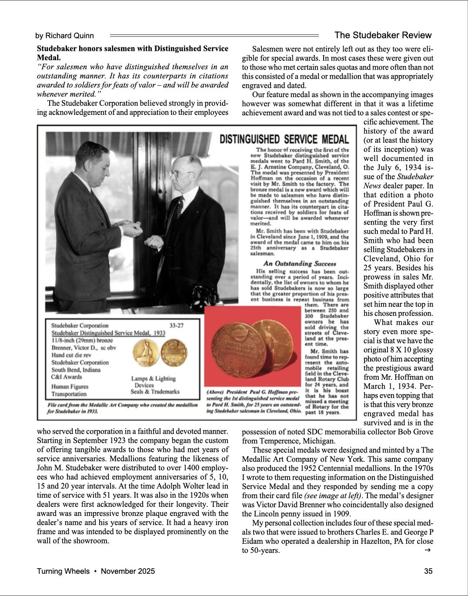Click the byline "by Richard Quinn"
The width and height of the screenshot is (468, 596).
[x=64, y=36]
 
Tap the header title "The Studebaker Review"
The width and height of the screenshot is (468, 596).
[x=383, y=35]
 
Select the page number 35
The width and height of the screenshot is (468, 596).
[x=428, y=571]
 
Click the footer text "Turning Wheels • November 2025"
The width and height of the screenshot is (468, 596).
[x=96, y=571]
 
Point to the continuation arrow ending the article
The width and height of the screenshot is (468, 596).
[x=428, y=550]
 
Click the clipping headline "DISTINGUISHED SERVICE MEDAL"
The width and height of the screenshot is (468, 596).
[x=284, y=139]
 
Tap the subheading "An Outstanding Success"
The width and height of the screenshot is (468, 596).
[x=299, y=264]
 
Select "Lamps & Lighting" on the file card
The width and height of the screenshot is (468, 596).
[x=154, y=378]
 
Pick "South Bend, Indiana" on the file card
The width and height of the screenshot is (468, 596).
[x=76, y=370]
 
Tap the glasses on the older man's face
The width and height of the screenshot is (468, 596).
[x=179, y=173]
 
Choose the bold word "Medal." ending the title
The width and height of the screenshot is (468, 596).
[x=49, y=57]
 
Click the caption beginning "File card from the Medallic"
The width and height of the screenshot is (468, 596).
[x=122, y=408]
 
